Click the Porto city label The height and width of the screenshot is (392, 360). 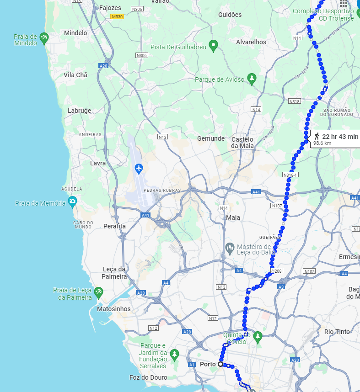coord(208,364)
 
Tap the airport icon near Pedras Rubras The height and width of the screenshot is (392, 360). coord(139,169)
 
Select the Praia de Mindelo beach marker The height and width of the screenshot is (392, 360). coord(44,38)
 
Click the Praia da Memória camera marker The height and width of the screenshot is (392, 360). coord(72,201)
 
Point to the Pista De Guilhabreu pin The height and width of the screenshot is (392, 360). coord(213,45)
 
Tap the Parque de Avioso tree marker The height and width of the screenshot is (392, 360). coord(251,79)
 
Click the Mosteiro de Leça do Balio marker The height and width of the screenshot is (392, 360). coord(230,249)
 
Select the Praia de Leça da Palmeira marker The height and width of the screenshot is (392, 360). coord(98,291)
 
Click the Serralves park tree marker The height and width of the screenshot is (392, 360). coord(174,354)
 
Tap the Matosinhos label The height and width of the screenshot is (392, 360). coord(114,309)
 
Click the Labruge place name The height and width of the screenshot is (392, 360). coord(80,111)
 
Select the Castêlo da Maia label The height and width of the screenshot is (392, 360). coord(242,142)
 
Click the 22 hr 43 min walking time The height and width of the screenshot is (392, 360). coord(340,137)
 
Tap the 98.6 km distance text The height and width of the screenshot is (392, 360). coord(322,143)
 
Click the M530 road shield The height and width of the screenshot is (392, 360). coord(117,16)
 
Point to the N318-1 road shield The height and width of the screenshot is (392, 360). coord(290,175)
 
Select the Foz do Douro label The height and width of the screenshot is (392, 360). coord(149,377)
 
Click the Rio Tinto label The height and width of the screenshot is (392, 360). coord(337,332)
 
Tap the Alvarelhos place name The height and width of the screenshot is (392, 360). coord(251,42)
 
